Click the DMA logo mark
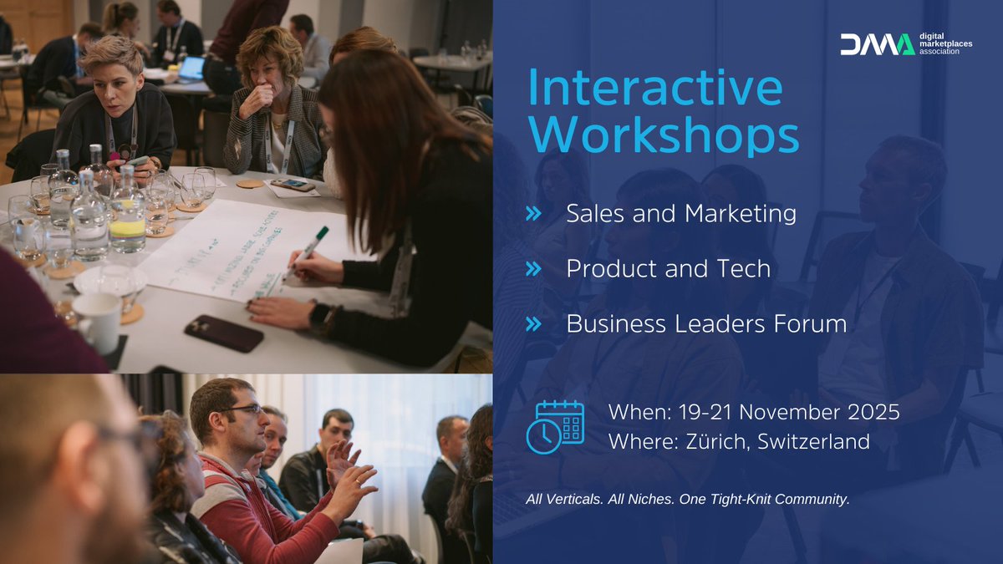877,44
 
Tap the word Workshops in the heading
664,135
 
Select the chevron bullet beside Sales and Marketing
533,214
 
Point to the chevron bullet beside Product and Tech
533,269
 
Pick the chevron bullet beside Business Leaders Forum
533,324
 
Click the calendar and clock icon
555,426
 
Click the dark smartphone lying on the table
224,333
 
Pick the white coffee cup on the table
98,322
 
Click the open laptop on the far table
191,69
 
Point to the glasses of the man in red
242,409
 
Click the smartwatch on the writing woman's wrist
318,315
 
